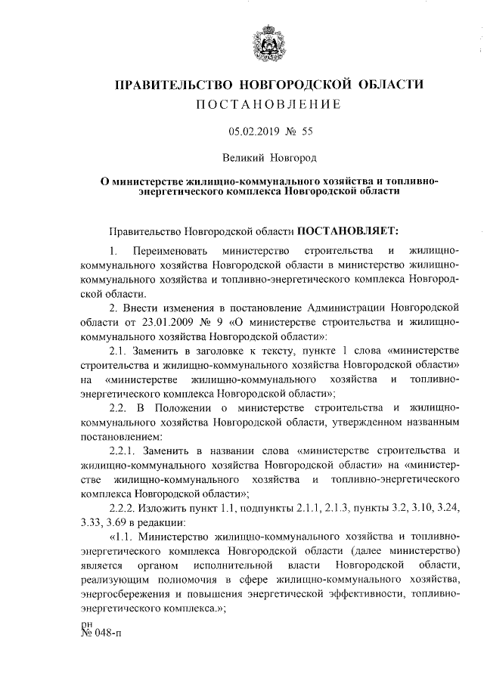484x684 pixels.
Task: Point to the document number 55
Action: click(306, 131)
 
